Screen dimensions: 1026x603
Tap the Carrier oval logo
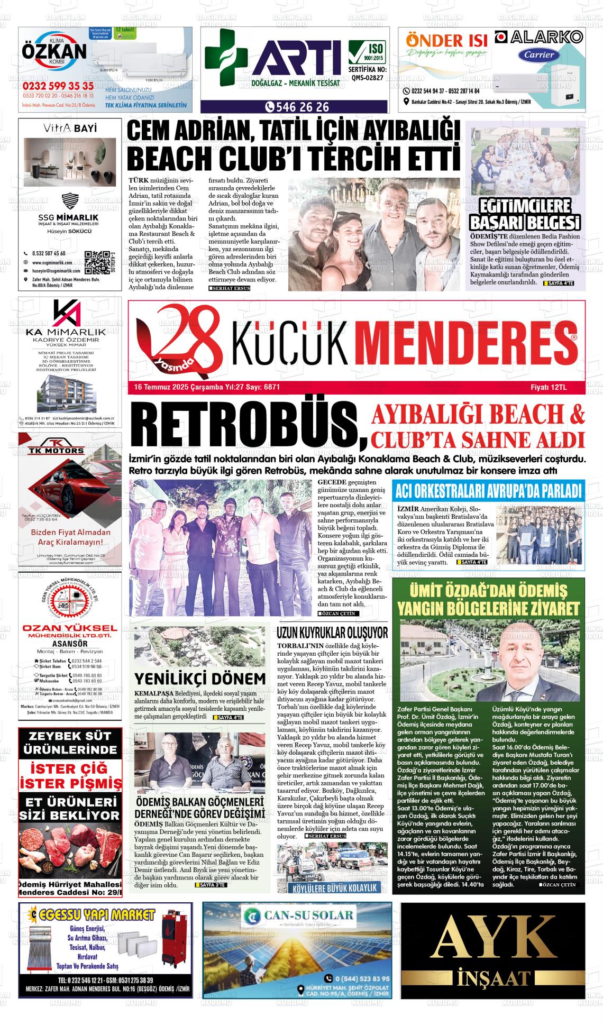pyautogui.click(x=539, y=54)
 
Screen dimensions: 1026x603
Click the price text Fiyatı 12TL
pyautogui.click(x=549, y=387)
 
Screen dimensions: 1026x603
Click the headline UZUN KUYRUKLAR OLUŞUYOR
pyautogui.click(x=332, y=633)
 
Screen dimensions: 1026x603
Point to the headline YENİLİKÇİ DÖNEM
pyautogui.click(x=200, y=679)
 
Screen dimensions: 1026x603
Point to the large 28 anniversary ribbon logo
pyautogui.click(x=180, y=337)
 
